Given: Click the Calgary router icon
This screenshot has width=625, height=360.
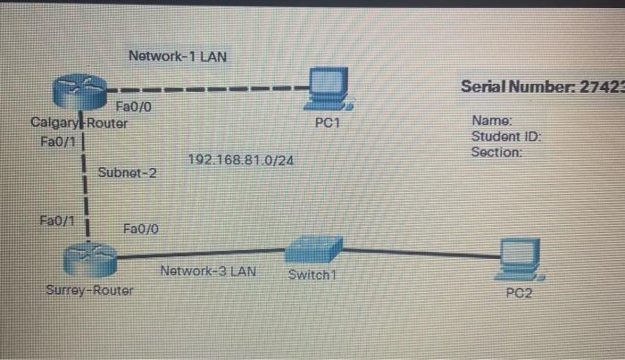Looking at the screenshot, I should click(x=79, y=89).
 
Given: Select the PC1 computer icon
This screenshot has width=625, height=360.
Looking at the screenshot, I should click(x=327, y=88).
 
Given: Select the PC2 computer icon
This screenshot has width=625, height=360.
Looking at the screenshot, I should click(x=520, y=258).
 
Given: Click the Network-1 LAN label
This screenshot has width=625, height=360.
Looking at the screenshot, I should click(x=178, y=56).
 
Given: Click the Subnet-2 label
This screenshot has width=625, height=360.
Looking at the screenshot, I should click(x=127, y=172).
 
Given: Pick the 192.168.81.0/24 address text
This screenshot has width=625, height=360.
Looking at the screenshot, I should click(x=242, y=160).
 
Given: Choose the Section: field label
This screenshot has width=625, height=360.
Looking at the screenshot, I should click(x=496, y=152).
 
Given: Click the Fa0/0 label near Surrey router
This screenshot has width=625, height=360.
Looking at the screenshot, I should click(x=140, y=230).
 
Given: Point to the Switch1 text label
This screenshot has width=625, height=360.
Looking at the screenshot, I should click(x=311, y=274).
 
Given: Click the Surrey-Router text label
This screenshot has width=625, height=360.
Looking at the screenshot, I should click(x=89, y=291).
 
